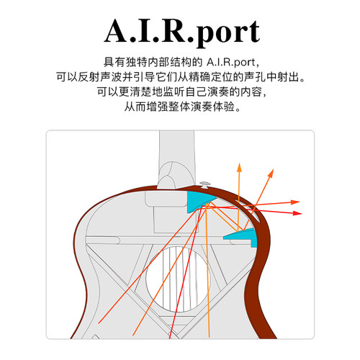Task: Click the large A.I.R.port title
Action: pyautogui.click(x=182, y=32)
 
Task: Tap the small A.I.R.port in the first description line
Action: pyautogui.click(x=230, y=62)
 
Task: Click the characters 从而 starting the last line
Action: pyautogui.click(x=135, y=107)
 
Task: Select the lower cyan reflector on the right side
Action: pyautogui.click(x=243, y=237)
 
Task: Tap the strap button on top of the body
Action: pyautogui.click(x=204, y=184)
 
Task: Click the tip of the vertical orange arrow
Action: pyautogui.click(x=239, y=163)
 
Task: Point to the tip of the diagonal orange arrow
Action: pyautogui.click(x=274, y=169)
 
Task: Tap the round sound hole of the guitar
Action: pyautogui.click(x=178, y=279)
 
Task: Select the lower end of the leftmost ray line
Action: pyautogui.click(x=99, y=323)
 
